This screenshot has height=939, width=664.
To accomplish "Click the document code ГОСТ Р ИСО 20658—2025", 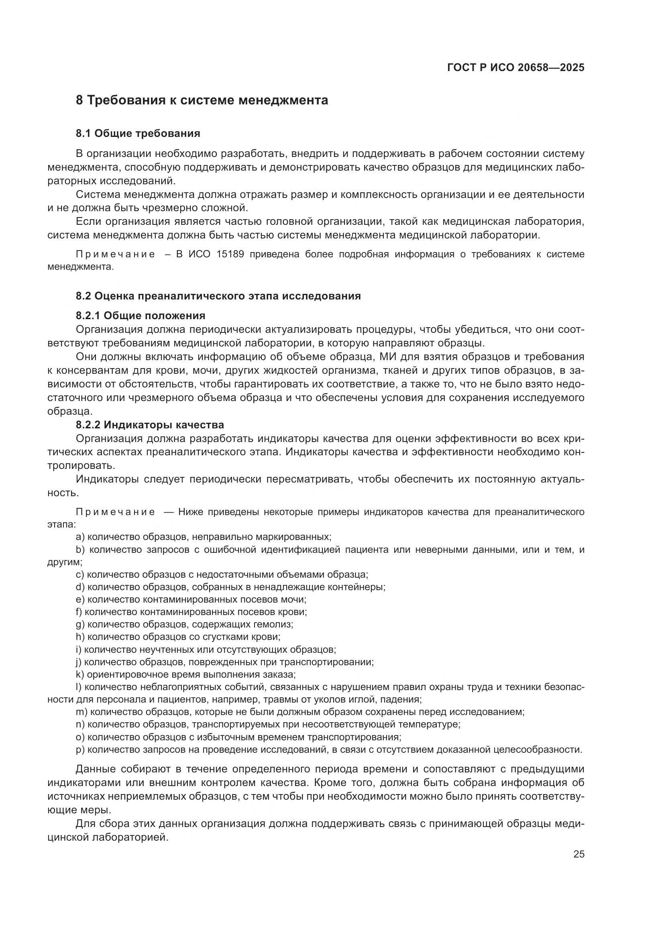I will [x=515, y=67].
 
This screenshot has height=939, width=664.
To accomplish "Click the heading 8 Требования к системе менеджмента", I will [x=202, y=100].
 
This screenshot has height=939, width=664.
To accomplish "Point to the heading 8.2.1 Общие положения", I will [x=140, y=316].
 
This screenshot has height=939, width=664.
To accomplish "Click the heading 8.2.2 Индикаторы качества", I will [x=150, y=424].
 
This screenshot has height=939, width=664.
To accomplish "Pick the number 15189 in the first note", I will [x=230, y=255].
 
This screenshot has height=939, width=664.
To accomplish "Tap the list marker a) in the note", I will [x=80, y=537].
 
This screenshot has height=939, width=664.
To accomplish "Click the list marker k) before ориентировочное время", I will [x=80, y=674].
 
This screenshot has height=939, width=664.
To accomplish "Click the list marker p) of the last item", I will [x=80, y=750].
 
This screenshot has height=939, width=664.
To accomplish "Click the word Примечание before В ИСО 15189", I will [x=116, y=255].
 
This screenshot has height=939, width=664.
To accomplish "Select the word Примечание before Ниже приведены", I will [x=116, y=512].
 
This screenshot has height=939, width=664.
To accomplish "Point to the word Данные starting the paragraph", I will [x=95, y=769].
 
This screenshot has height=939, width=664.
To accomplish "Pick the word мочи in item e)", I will [x=295, y=599].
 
